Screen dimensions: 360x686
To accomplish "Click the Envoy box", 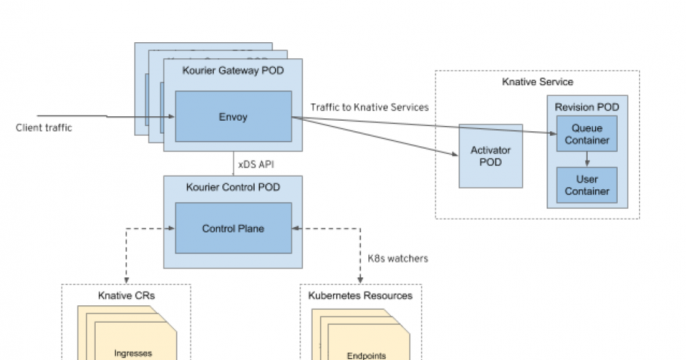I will [233, 116].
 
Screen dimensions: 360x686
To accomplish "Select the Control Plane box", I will [233, 227].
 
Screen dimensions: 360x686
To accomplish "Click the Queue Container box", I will [586, 134].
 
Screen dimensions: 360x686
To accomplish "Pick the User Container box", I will [586, 183].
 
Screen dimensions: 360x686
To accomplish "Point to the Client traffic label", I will [44, 128].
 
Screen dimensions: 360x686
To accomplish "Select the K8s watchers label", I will [397, 258].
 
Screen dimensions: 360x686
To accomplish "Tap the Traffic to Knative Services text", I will [370, 107].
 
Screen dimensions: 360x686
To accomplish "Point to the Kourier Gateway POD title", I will [233, 72].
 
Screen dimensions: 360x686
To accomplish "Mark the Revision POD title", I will [587, 105].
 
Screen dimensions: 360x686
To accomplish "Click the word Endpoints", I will [366, 353].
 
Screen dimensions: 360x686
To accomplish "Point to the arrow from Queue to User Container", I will [586, 157].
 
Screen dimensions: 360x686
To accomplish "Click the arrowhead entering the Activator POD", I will [454, 153].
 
